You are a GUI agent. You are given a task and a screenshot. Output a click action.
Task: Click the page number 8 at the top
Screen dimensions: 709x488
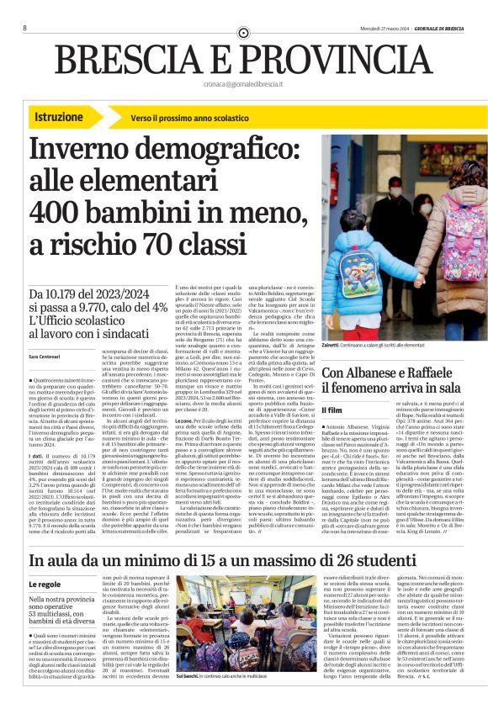pyautogui.click(x=25, y=28)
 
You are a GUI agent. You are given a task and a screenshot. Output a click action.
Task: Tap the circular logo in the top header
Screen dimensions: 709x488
pyautogui.click(x=244, y=32)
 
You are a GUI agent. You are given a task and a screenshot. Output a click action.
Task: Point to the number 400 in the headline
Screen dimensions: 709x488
pyautogui.click(x=63, y=210)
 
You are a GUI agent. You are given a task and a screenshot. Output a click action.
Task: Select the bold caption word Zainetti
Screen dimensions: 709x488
pyautogui.click(x=334, y=346)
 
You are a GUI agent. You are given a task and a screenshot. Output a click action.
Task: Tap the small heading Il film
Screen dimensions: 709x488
pyautogui.click(x=334, y=410)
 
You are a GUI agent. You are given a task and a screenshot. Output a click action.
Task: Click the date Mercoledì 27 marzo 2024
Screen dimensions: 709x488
pyautogui.click(x=371, y=28)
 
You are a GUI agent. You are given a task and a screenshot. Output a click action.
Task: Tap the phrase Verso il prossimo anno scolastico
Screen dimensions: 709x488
pyautogui.click(x=183, y=119)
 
